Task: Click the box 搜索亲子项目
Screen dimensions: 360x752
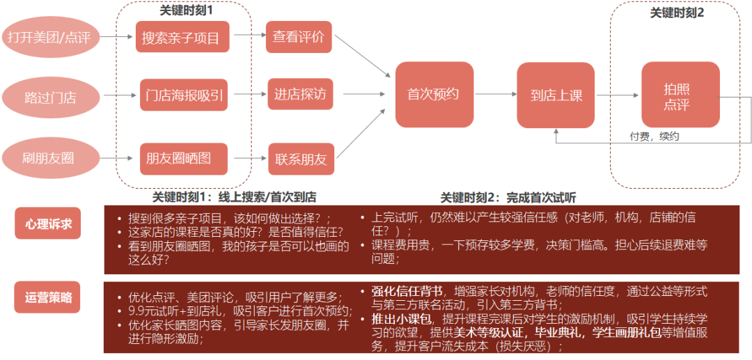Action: coord(181,37)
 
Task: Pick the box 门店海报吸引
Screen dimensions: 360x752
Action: coord(183,95)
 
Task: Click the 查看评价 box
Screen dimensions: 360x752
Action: coord(299,37)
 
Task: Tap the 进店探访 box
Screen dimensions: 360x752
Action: coord(300,94)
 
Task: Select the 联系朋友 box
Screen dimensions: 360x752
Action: coord(300,158)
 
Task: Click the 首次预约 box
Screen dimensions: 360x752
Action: coord(434,94)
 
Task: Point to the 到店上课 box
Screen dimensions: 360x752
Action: coord(556,95)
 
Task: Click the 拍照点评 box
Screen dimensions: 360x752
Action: coord(680,95)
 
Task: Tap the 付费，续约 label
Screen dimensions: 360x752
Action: coord(654,136)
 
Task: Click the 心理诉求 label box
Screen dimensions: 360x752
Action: coord(48,224)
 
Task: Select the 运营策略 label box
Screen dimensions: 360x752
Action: coord(48,299)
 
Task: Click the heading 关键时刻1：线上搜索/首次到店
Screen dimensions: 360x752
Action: coord(234,197)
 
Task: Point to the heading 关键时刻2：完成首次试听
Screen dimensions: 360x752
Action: coord(508,197)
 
